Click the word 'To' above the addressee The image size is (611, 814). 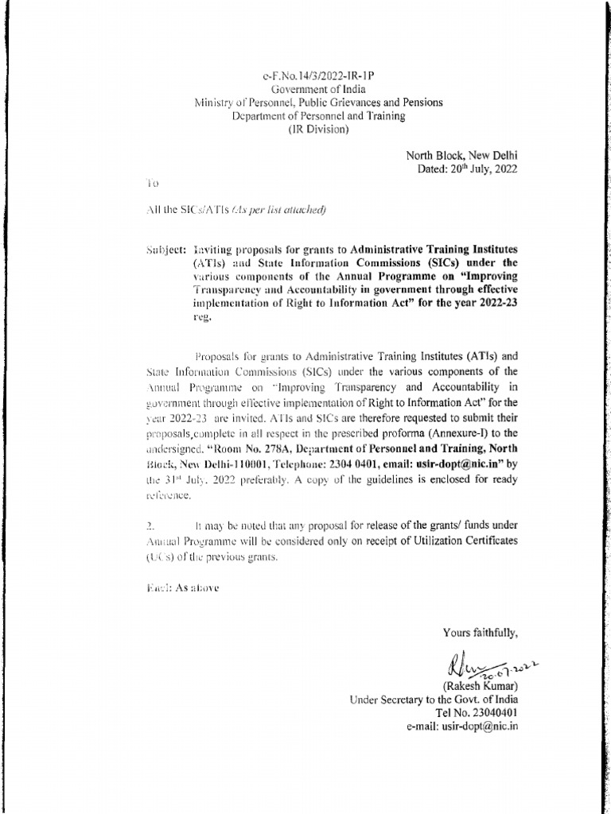pyautogui.click(x=153, y=183)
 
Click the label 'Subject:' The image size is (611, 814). pyautogui.click(x=165, y=249)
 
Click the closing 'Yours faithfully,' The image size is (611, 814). pyautogui.click(x=481, y=633)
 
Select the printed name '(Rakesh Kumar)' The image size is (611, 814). pyautogui.click(x=480, y=686)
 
